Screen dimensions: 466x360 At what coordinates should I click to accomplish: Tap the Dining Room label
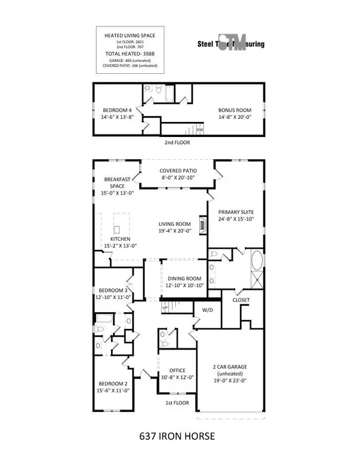pos(185,281)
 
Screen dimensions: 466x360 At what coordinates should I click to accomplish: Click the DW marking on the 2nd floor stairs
pos(199,129)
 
